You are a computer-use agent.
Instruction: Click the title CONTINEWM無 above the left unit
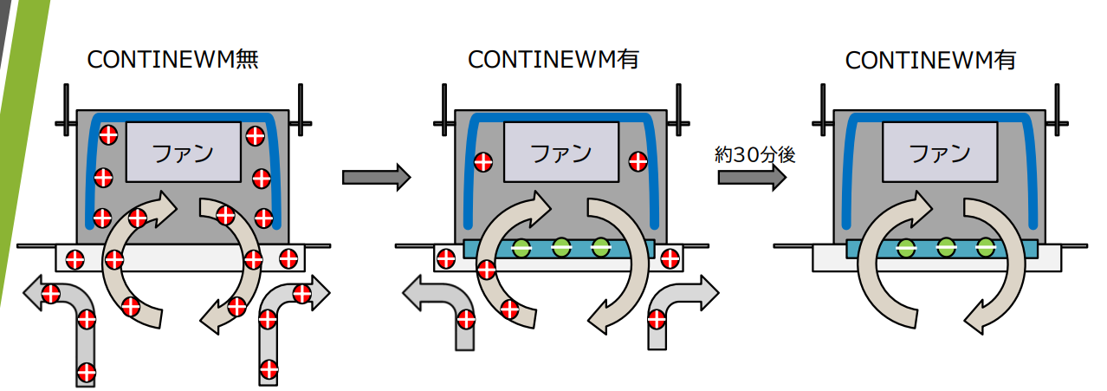click(x=173, y=60)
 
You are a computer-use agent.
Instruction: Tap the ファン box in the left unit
click(x=183, y=153)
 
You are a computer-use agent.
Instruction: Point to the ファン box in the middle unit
click(x=560, y=153)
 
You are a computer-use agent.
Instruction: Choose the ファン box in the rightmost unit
click(x=938, y=153)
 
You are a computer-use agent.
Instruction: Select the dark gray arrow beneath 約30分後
click(x=751, y=178)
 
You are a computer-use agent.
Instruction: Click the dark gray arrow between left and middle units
click(x=375, y=178)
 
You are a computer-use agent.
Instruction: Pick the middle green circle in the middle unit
click(x=560, y=247)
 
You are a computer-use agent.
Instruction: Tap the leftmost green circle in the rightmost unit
click(x=906, y=247)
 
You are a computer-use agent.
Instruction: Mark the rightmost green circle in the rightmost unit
click(x=985, y=247)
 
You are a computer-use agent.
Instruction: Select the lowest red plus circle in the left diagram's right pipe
click(x=267, y=373)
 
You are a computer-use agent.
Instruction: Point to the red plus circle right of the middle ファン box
click(x=638, y=160)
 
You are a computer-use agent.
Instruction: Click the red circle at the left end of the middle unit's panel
click(x=446, y=257)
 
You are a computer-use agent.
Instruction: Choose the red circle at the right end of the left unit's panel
click(x=289, y=257)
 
